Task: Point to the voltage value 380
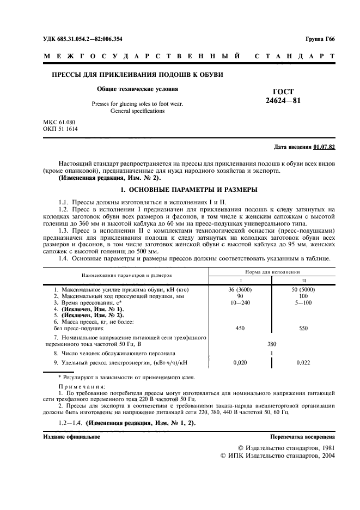click(272, 344)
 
